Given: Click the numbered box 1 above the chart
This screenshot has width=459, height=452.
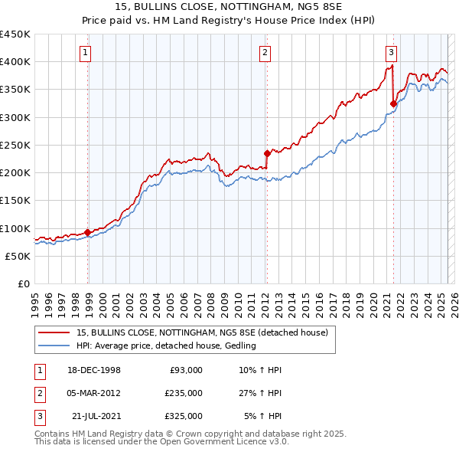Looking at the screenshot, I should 85,53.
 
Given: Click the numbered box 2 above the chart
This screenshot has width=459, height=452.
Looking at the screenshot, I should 264,53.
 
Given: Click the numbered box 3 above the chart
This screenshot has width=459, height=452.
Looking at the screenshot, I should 391,53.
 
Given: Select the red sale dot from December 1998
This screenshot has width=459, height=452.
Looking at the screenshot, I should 88,232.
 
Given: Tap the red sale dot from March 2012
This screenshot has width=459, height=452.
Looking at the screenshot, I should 267,153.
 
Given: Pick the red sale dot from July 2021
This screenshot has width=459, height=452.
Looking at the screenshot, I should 393,103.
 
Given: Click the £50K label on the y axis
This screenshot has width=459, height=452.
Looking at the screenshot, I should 18,256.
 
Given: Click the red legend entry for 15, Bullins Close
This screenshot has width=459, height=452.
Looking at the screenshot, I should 202,332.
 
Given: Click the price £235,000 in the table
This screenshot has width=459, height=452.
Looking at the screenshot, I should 184,393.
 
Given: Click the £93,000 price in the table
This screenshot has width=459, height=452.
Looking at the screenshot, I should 186,370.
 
